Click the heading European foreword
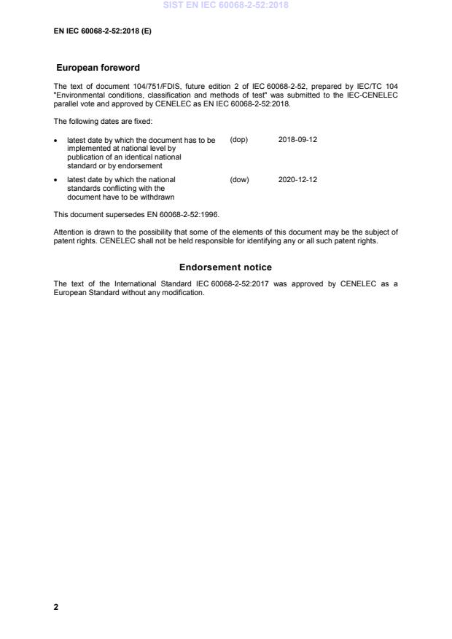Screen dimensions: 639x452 tap(98, 68)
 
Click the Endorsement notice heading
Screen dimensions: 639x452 tap(225, 267)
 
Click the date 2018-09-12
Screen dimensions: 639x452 tap(297, 140)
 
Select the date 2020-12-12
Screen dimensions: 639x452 tap(297, 179)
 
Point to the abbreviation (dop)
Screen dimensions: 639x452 tap(239, 140)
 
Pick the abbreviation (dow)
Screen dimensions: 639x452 tap(239, 179)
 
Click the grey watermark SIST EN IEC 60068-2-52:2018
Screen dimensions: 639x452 tap(226, 5)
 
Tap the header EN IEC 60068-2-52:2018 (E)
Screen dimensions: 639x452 tap(103, 31)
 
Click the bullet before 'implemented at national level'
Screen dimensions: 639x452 tap(57, 140)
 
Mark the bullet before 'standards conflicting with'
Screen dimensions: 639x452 tap(57, 179)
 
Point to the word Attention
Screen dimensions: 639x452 tap(69, 232)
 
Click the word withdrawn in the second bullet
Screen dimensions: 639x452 tap(157, 197)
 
